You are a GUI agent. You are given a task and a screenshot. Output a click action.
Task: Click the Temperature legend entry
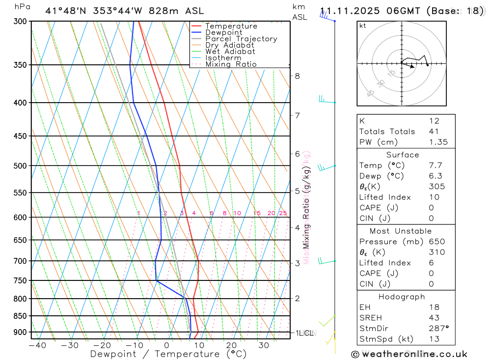point(231,26)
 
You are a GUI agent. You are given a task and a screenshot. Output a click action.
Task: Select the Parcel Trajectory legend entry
point(241,39)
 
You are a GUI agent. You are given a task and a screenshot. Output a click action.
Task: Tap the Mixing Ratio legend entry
point(231,64)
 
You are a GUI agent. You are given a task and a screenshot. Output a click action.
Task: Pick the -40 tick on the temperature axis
point(37,346)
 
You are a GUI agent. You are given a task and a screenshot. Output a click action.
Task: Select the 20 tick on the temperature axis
point(231,346)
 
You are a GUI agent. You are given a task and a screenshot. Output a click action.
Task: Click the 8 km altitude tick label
point(297,76)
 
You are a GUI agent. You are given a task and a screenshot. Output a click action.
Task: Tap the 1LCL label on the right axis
point(304,333)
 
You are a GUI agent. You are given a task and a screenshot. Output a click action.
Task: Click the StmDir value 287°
point(438,328)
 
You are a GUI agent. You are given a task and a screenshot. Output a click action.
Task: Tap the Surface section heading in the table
point(403,155)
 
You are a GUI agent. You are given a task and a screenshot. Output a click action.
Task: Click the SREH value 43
point(434,318)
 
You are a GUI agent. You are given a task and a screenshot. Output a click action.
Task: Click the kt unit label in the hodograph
point(363,26)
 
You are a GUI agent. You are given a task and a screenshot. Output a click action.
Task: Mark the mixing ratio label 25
point(283,213)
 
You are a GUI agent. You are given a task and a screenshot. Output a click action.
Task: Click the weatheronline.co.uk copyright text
point(409,354)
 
